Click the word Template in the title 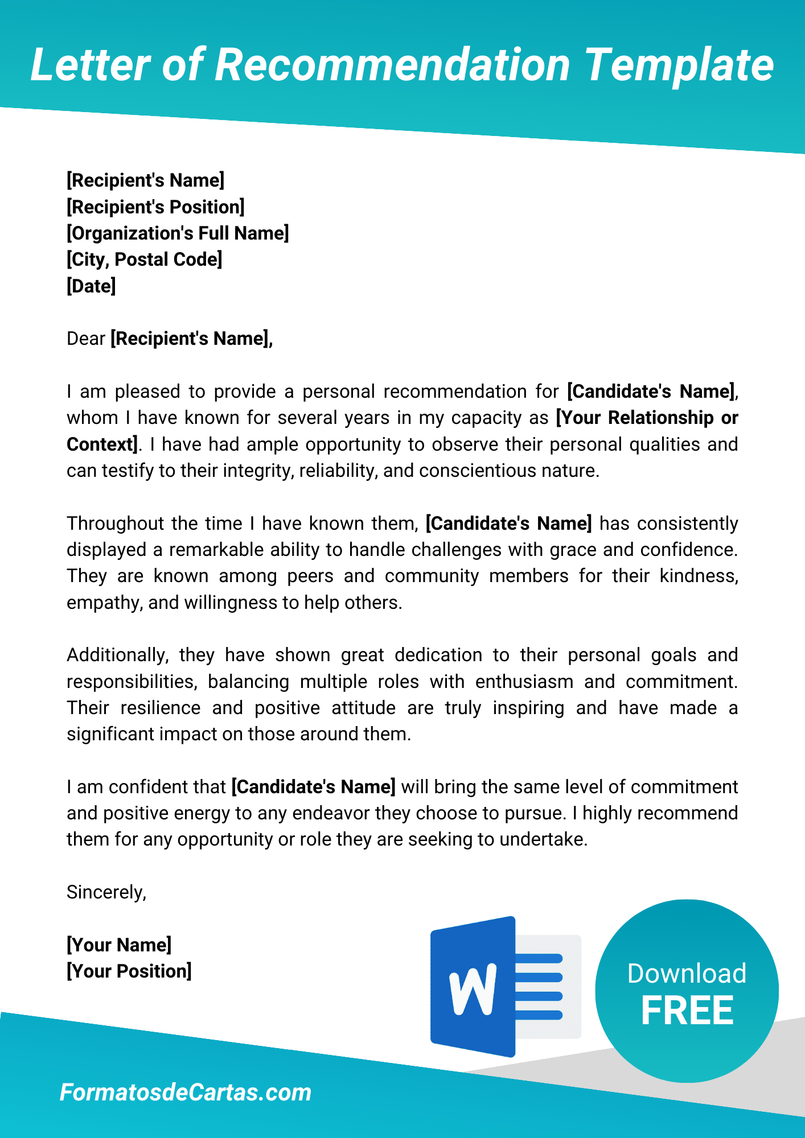pyautogui.click(x=679, y=65)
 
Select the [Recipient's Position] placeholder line pyautogui.click(x=155, y=207)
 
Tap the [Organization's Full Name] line pyautogui.click(x=178, y=233)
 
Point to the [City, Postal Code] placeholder pyautogui.click(x=145, y=259)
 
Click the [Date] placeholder pyautogui.click(x=91, y=286)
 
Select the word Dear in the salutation pyautogui.click(x=86, y=339)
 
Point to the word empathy pyautogui.click(x=104, y=603)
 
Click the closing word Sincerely pyautogui.click(x=106, y=892)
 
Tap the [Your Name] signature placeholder pyautogui.click(x=119, y=945)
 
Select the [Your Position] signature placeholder pyautogui.click(x=129, y=971)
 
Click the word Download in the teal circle pyautogui.click(x=687, y=974)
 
